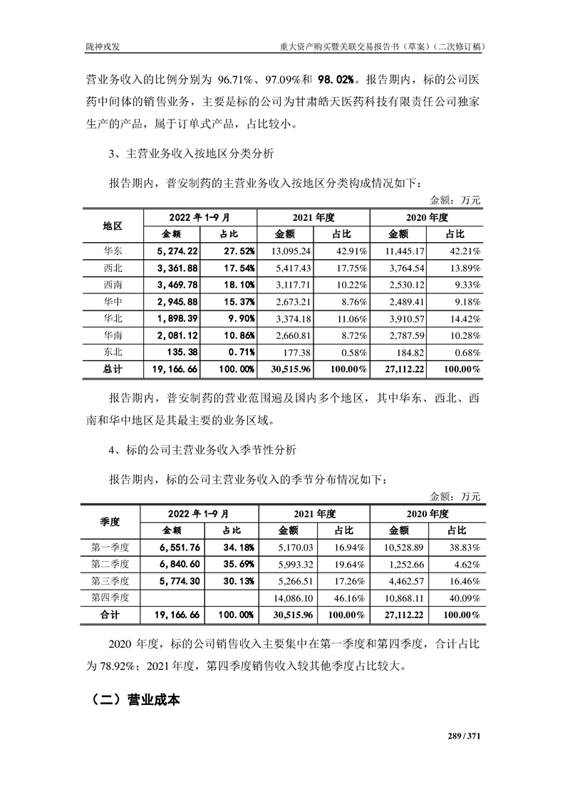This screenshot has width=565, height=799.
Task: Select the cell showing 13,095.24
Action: [x=292, y=251]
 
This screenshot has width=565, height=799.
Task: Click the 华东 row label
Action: [x=113, y=251]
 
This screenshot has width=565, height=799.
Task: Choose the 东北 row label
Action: [x=113, y=351]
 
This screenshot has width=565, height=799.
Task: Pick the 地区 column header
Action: [x=113, y=226]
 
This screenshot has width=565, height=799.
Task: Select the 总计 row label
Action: [x=113, y=369]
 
